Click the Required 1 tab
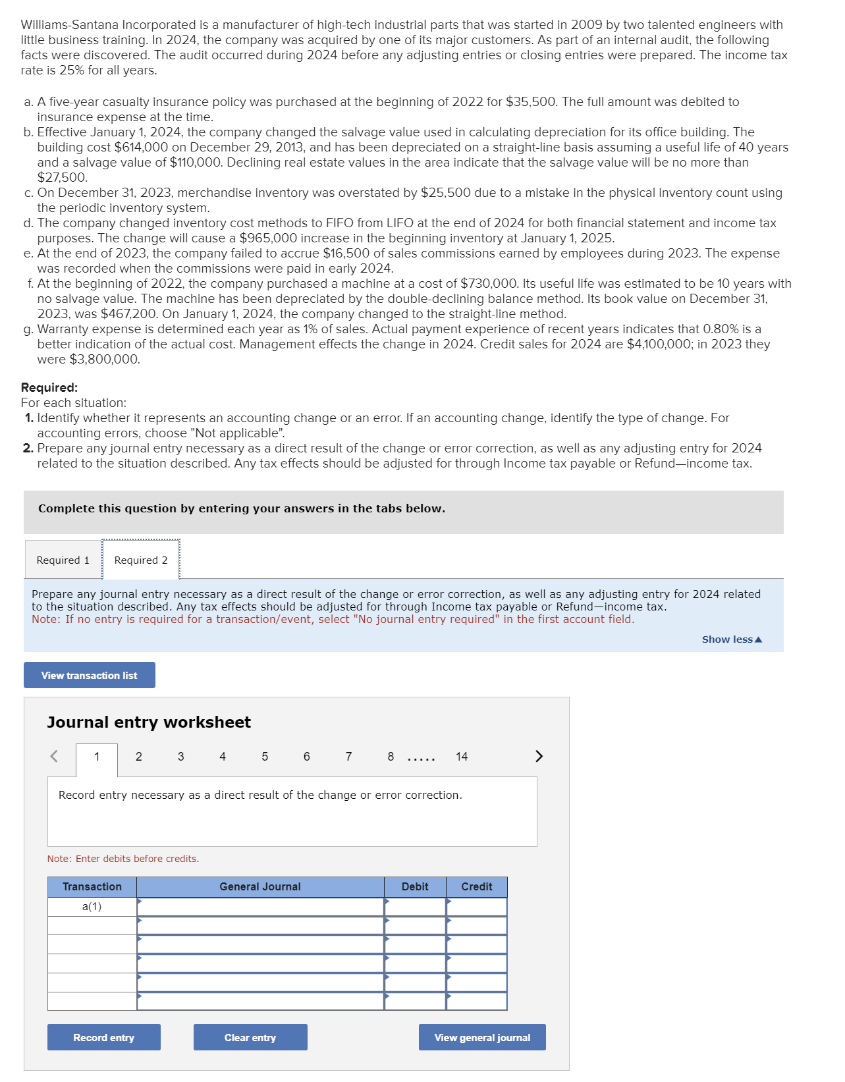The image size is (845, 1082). (63, 560)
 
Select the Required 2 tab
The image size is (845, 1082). (140, 560)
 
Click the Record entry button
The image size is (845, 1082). (103, 1037)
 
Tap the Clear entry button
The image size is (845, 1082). (250, 1037)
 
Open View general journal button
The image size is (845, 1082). (481, 1037)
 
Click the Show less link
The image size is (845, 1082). (731, 639)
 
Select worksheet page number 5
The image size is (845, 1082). (265, 757)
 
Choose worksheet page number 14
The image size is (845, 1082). (461, 757)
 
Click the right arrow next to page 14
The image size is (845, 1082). (539, 756)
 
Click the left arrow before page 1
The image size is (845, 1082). (54, 756)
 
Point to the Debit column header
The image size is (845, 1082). (415, 886)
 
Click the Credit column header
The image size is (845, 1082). (476, 886)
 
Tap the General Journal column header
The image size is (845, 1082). (260, 886)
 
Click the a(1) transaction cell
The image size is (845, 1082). (92, 906)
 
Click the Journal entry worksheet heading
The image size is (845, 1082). (149, 722)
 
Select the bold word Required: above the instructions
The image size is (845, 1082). (49, 388)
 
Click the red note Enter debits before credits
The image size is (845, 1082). (123, 859)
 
